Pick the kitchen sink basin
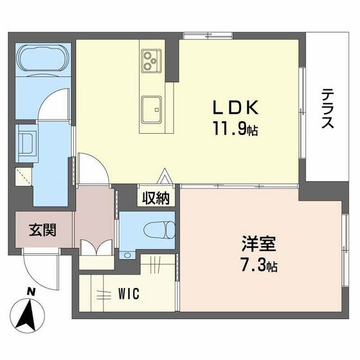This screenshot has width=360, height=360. pyautogui.click(x=152, y=107)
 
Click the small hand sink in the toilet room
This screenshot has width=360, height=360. pyautogui.click(x=127, y=255)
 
